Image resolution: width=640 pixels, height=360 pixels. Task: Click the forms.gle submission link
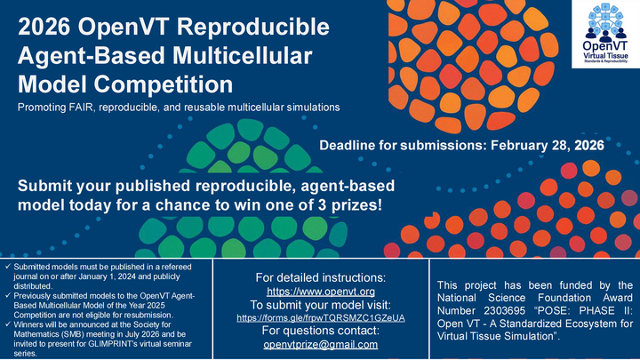click(x=321, y=317)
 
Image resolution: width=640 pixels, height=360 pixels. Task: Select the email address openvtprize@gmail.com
click(x=321, y=344)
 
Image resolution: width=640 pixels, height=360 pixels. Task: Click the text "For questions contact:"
click(x=321, y=331)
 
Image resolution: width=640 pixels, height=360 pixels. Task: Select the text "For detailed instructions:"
click(x=321, y=277)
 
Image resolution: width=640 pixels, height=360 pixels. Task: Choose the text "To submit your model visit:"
click(x=321, y=304)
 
